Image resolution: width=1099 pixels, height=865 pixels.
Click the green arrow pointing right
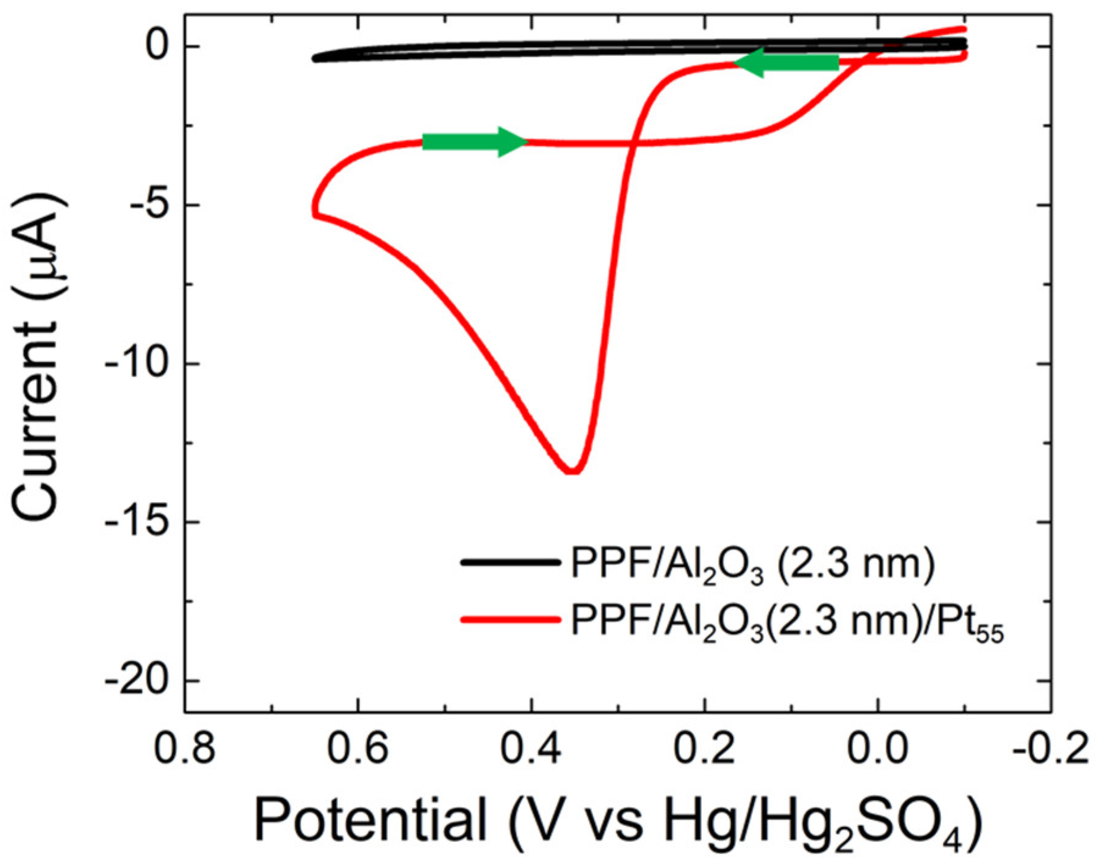474,142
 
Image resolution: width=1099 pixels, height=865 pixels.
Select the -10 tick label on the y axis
135,364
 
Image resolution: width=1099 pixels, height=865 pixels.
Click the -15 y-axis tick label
135,523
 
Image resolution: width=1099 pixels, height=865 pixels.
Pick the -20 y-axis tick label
135,681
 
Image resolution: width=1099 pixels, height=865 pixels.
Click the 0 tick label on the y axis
157,47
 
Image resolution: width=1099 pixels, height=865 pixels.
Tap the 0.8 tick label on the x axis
184,748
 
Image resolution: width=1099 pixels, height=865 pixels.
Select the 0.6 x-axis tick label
358,748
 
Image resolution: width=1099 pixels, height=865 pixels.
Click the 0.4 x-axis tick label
531,748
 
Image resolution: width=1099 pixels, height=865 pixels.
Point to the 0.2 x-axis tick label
705,748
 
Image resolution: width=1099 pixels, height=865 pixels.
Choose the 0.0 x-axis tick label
878,748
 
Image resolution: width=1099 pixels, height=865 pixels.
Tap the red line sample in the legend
510,620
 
